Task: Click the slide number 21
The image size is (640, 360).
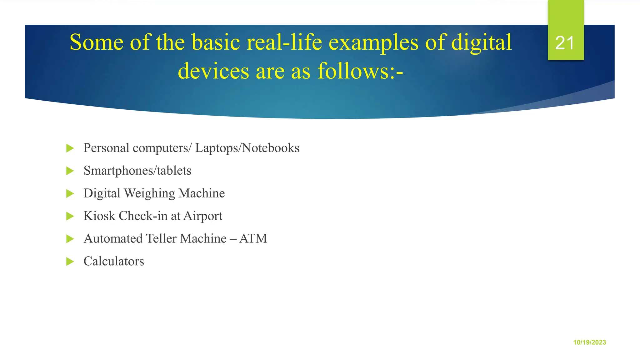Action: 565,43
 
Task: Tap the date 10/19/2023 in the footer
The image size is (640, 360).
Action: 589,342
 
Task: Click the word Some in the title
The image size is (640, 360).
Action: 96,42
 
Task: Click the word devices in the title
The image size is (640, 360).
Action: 213,71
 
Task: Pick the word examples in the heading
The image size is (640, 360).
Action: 373,43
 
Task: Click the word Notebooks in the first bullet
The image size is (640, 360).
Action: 271,148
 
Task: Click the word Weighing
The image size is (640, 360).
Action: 149,193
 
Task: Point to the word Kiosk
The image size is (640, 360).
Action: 99,216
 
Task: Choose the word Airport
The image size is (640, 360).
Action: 203,216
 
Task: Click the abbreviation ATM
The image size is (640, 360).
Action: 253,239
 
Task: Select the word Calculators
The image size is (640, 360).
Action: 114,261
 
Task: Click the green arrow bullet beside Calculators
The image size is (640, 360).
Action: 70,262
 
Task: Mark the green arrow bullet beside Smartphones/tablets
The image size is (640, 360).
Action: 70,171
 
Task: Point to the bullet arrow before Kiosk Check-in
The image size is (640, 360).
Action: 70,216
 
